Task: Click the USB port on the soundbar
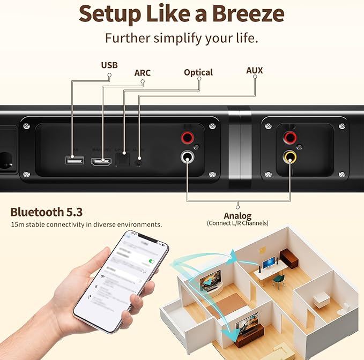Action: (73, 160)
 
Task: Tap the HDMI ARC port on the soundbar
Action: (100, 161)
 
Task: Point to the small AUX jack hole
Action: (139, 159)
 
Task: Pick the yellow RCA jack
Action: (291, 157)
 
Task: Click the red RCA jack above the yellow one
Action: (291, 138)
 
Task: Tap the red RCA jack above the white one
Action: (188, 138)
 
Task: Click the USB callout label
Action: (109, 65)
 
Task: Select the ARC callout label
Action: (143, 73)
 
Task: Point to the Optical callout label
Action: (198, 72)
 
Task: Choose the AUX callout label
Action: (254, 70)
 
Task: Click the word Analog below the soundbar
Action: (237, 215)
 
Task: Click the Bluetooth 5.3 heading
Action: (47, 212)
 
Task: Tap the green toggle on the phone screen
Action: (151, 261)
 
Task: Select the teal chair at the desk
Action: (278, 280)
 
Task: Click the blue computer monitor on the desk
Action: (268, 263)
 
